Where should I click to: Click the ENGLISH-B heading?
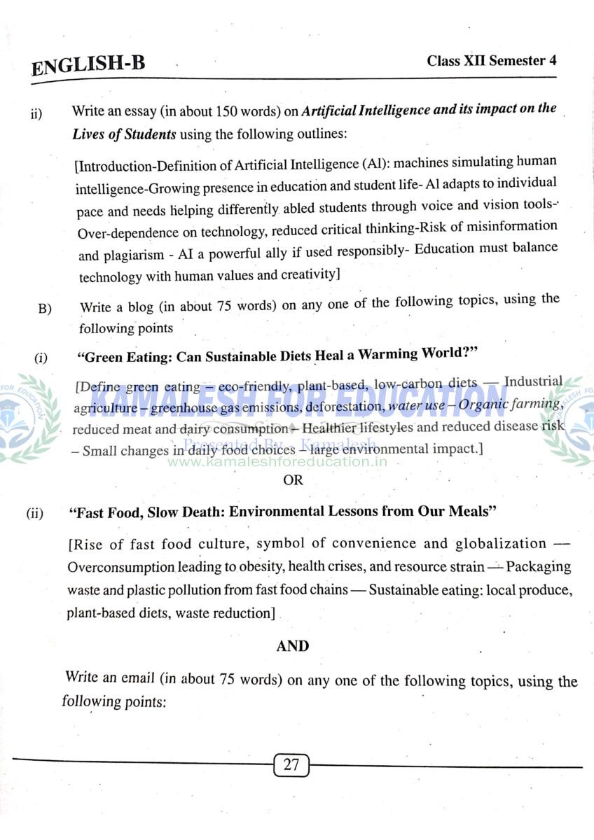click(x=88, y=66)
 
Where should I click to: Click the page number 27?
click(x=291, y=764)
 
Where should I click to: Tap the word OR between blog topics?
click(x=293, y=480)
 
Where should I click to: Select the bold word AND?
click(x=293, y=646)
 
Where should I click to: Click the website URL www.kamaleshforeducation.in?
click(x=277, y=462)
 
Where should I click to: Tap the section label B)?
click(x=46, y=309)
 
